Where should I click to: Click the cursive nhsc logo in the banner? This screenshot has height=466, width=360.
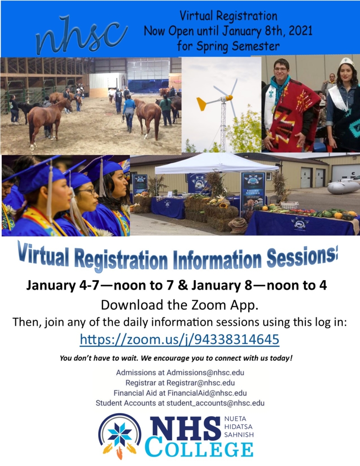click(x=81, y=34)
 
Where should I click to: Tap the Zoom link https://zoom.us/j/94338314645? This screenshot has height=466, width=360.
click(x=180, y=339)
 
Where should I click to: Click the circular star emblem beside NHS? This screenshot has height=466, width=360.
click(x=120, y=435)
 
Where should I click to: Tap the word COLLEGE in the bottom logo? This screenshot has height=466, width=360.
click(x=199, y=449)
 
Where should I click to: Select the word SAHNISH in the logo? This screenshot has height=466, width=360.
click(x=239, y=434)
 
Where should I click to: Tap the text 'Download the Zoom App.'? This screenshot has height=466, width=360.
click(x=180, y=304)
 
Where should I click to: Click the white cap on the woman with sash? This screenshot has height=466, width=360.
click(x=346, y=62)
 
